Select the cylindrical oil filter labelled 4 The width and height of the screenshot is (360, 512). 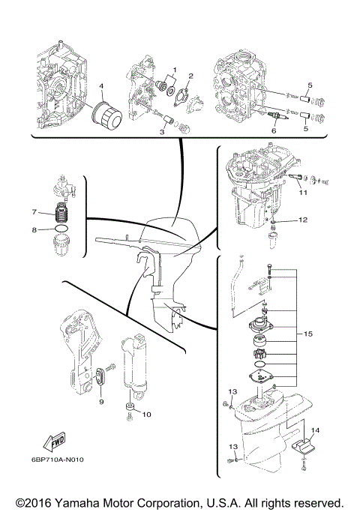coord(105,118)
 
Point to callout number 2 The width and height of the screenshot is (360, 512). coord(190,76)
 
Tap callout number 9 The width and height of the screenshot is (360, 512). coord(100,402)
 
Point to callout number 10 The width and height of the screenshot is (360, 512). coord(146,414)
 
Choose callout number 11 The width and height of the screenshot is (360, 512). coord(302,193)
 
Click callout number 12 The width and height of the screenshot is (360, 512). coord(302,220)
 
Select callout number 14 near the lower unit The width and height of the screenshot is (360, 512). coord(315,430)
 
